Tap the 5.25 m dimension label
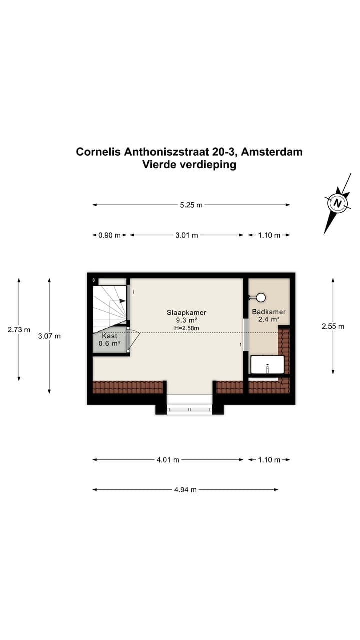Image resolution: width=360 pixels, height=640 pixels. click(191, 205)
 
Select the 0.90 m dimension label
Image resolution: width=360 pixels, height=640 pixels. click(110, 235)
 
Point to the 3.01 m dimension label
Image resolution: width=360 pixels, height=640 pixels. click(187, 235)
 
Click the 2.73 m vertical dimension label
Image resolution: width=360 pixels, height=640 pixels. click(19, 330)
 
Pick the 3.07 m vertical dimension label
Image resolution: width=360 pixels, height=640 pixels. click(49, 336)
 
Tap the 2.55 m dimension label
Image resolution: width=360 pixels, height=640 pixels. click(333, 326)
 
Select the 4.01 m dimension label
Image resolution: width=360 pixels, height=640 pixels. click(168, 460)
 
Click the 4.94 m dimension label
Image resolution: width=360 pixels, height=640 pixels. click(185, 490)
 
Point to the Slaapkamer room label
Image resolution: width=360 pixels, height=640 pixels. click(186, 313)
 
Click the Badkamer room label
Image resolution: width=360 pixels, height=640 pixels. click(268, 312)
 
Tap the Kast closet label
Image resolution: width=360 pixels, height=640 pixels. click(110, 336)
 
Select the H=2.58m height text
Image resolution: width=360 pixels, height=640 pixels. click(186, 328)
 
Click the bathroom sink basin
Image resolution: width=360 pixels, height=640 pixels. click(267, 365)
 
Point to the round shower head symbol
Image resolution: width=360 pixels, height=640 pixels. click(260, 298)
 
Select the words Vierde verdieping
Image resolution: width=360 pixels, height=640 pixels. click(189, 165)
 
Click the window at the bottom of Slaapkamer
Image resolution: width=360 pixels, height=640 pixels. click(189, 410)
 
